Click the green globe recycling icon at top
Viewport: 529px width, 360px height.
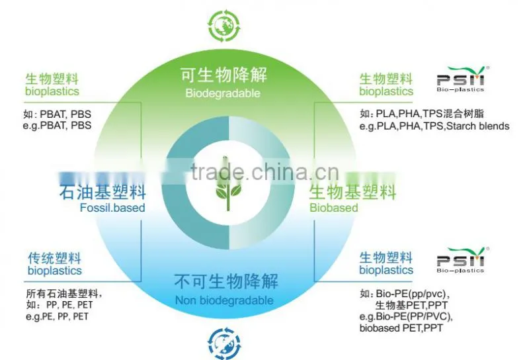pyautogui.click(x=224, y=26)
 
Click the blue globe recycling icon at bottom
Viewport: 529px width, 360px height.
pyautogui.click(x=224, y=343)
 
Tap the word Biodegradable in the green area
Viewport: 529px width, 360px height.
pyautogui.click(x=223, y=93)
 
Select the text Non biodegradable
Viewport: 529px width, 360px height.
pyautogui.click(x=224, y=300)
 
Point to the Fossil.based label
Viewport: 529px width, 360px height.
pyautogui.click(x=112, y=207)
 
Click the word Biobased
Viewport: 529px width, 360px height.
pyautogui.click(x=334, y=207)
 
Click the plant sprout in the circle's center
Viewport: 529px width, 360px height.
pyautogui.click(x=227, y=183)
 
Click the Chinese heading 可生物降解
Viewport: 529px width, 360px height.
pyautogui.click(x=224, y=75)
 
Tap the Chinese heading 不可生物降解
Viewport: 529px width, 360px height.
pyautogui.click(x=226, y=281)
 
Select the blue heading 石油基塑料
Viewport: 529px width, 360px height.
pyautogui.click(x=102, y=192)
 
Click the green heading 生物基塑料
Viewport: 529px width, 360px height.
pyautogui.click(x=352, y=192)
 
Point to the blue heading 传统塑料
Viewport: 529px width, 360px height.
pyautogui.click(x=55, y=258)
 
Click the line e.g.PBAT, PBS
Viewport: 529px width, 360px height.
pyautogui.click(x=57, y=126)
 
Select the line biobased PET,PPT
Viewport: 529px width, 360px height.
pyautogui.click(x=401, y=328)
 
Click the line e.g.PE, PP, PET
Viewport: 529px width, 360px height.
pyautogui.click(x=57, y=316)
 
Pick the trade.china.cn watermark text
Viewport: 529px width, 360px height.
pyautogui.click(x=264, y=171)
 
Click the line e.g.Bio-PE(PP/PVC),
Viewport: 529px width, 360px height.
pyautogui.click(x=406, y=317)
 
